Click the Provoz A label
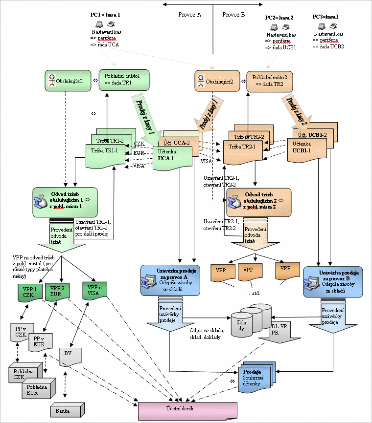tap(190, 15)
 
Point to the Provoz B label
tap(233, 15)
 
